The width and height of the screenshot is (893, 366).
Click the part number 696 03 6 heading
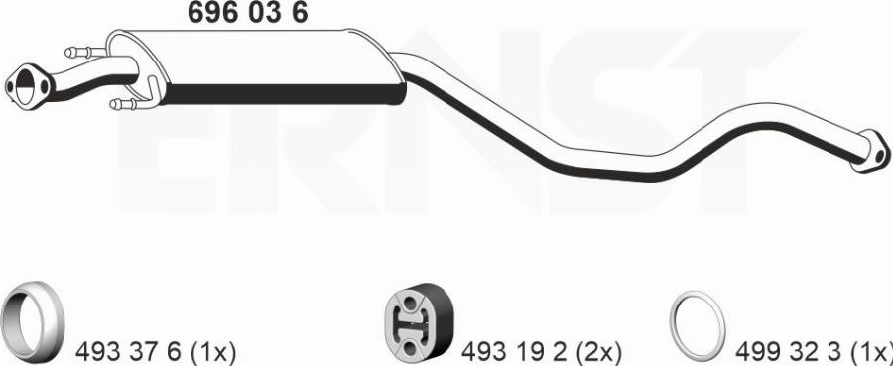247,13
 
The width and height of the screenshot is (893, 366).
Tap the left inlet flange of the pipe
29,86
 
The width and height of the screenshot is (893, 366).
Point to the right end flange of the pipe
870,151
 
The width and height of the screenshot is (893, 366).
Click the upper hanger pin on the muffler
85,53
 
